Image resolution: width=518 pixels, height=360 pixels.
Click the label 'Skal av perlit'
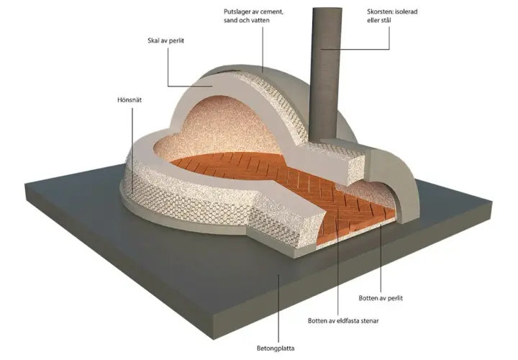coord(165,40)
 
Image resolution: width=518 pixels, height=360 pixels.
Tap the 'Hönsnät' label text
coord(129,100)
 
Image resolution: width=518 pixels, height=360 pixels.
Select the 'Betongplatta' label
coord(276,348)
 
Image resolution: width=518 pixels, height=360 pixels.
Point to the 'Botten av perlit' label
coord(381,298)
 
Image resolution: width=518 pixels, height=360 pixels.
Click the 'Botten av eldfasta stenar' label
coord(343,320)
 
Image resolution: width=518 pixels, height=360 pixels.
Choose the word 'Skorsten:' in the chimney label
coord(381,12)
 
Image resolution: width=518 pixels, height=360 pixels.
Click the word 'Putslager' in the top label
coord(236,12)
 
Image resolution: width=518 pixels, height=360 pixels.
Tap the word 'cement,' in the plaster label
coord(271,12)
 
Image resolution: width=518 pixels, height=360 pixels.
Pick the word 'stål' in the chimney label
coord(386,20)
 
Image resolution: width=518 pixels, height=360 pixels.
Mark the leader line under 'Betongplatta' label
coord(279,308)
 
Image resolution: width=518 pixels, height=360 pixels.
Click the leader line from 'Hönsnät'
coord(132,150)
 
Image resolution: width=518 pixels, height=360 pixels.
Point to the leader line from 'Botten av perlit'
coord(381,258)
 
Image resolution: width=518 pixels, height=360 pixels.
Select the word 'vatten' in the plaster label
coord(259,20)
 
